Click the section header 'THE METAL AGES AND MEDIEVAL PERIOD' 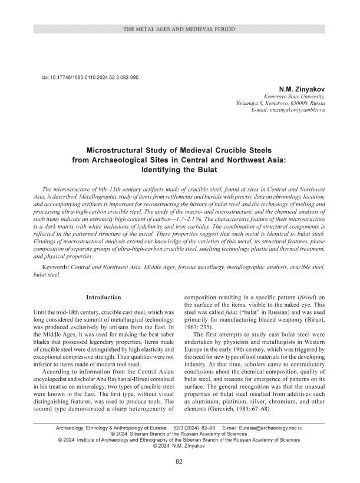(x=180, y=29)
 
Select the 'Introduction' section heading (x=104, y=297)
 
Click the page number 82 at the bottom (x=180, y=461)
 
